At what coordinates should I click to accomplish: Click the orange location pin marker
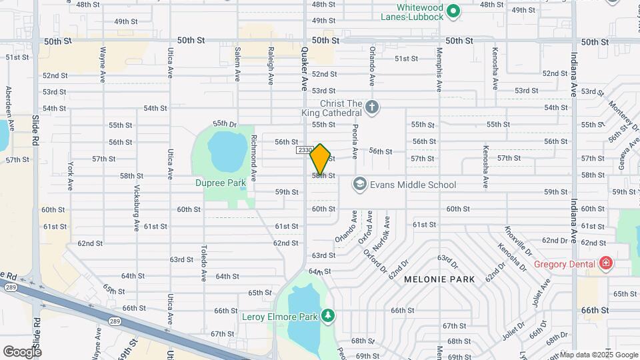pyautogui.click(x=321, y=159)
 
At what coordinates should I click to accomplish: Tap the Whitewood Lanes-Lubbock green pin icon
pyautogui.click(x=453, y=11)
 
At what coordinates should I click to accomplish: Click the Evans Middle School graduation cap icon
pyautogui.click(x=360, y=184)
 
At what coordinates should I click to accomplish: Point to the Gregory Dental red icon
pyautogui.click(x=605, y=263)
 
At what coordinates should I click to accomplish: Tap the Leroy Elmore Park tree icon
pyautogui.click(x=327, y=315)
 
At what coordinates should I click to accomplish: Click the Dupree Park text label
pyautogui.click(x=217, y=182)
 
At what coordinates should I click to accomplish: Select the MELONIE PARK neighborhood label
pyautogui.click(x=439, y=279)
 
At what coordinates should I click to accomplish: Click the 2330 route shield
pyautogui.click(x=305, y=151)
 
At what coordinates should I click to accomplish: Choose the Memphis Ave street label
pyautogui.click(x=439, y=69)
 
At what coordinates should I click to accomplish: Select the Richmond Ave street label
pyautogui.click(x=254, y=160)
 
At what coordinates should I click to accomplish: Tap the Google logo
pyautogui.click(x=22, y=351)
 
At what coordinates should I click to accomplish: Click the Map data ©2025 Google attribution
pyautogui.click(x=599, y=355)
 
